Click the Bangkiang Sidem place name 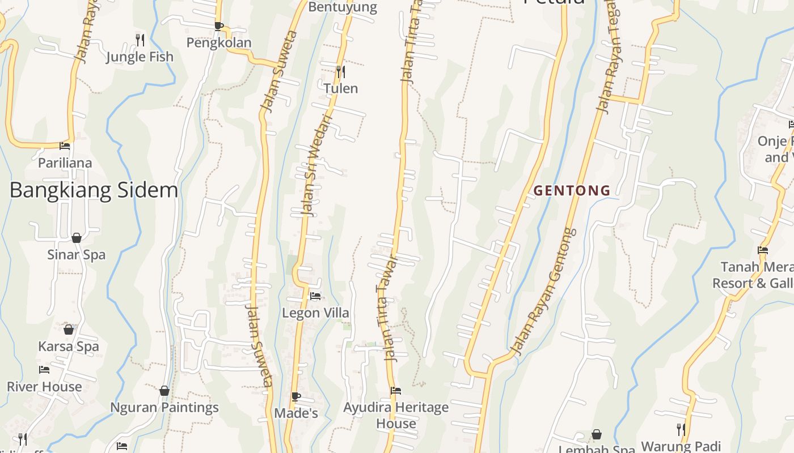[x=94, y=190]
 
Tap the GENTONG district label [x=572, y=191]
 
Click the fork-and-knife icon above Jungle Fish [x=140, y=40]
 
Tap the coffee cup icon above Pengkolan [x=219, y=26]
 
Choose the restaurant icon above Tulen [x=340, y=71]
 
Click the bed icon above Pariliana [x=65, y=146]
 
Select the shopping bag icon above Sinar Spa [x=77, y=238]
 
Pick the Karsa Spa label [x=69, y=347]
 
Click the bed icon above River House [x=44, y=370]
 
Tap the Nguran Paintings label [x=164, y=407]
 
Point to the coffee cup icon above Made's [x=295, y=396]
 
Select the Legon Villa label [x=315, y=313]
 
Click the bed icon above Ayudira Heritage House [x=396, y=391]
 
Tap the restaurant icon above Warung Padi [x=681, y=429]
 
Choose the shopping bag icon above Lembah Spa [x=597, y=435]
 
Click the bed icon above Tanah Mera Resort [x=763, y=250]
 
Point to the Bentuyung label [x=343, y=7]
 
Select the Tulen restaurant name [x=341, y=88]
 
